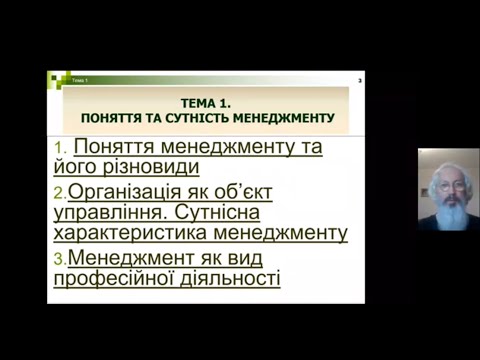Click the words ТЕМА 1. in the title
pos(206,102)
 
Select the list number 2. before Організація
pos(60,191)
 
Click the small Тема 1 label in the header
pos(78,79)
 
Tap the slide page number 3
pos(359,79)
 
